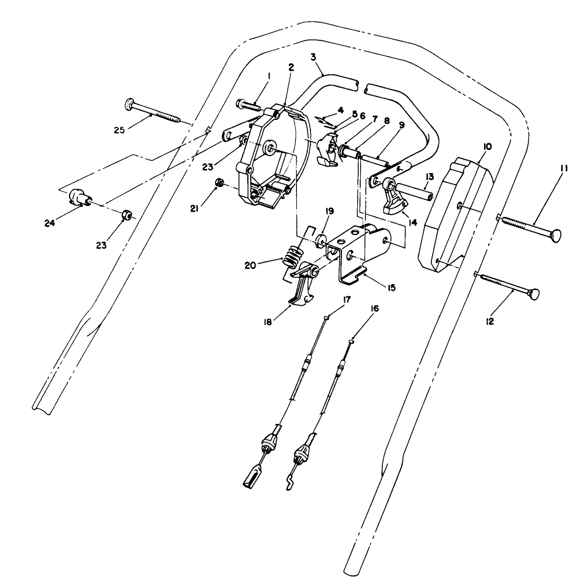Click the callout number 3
click(314, 58)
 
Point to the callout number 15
click(391, 288)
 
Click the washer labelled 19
click(322, 240)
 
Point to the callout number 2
click(291, 66)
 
